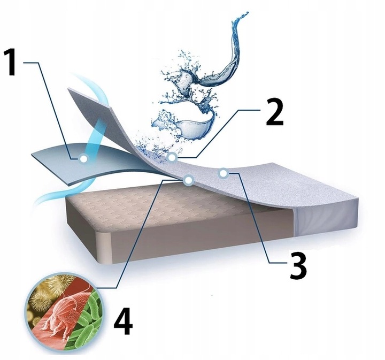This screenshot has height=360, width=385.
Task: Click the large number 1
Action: [x=11, y=63]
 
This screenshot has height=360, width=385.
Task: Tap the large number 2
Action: [x=275, y=113]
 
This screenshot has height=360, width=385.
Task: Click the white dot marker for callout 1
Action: [x=83, y=158]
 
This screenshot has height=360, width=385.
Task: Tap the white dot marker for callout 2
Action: [x=172, y=157]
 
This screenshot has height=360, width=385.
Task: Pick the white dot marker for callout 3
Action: [x=223, y=174]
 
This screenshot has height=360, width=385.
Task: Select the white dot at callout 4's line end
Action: [x=189, y=180]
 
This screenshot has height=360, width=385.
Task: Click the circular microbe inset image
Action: [x=65, y=312]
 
